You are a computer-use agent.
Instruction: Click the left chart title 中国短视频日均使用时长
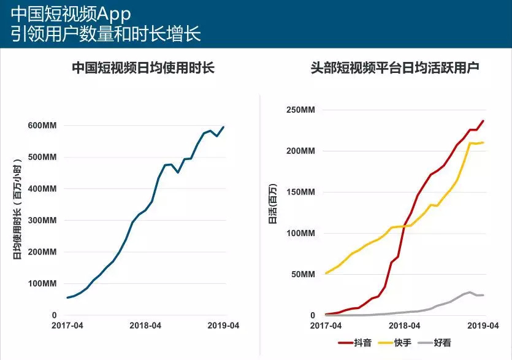coord(143,67)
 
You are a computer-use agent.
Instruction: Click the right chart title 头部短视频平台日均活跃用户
coord(395,67)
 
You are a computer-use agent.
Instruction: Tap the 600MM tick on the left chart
coord(43,126)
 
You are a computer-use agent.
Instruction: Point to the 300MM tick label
coord(43,220)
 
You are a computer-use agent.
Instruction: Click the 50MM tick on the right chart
coord(303,274)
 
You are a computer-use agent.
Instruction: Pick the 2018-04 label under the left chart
coord(145,326)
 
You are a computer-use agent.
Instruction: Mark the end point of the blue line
coord(224,127)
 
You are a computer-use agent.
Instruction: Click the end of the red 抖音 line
coord(484,121)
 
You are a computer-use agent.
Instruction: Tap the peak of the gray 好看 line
coord(470,292)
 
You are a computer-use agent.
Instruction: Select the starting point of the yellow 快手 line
coord(326,274)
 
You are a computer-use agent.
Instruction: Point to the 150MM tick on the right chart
coord(301,192)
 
